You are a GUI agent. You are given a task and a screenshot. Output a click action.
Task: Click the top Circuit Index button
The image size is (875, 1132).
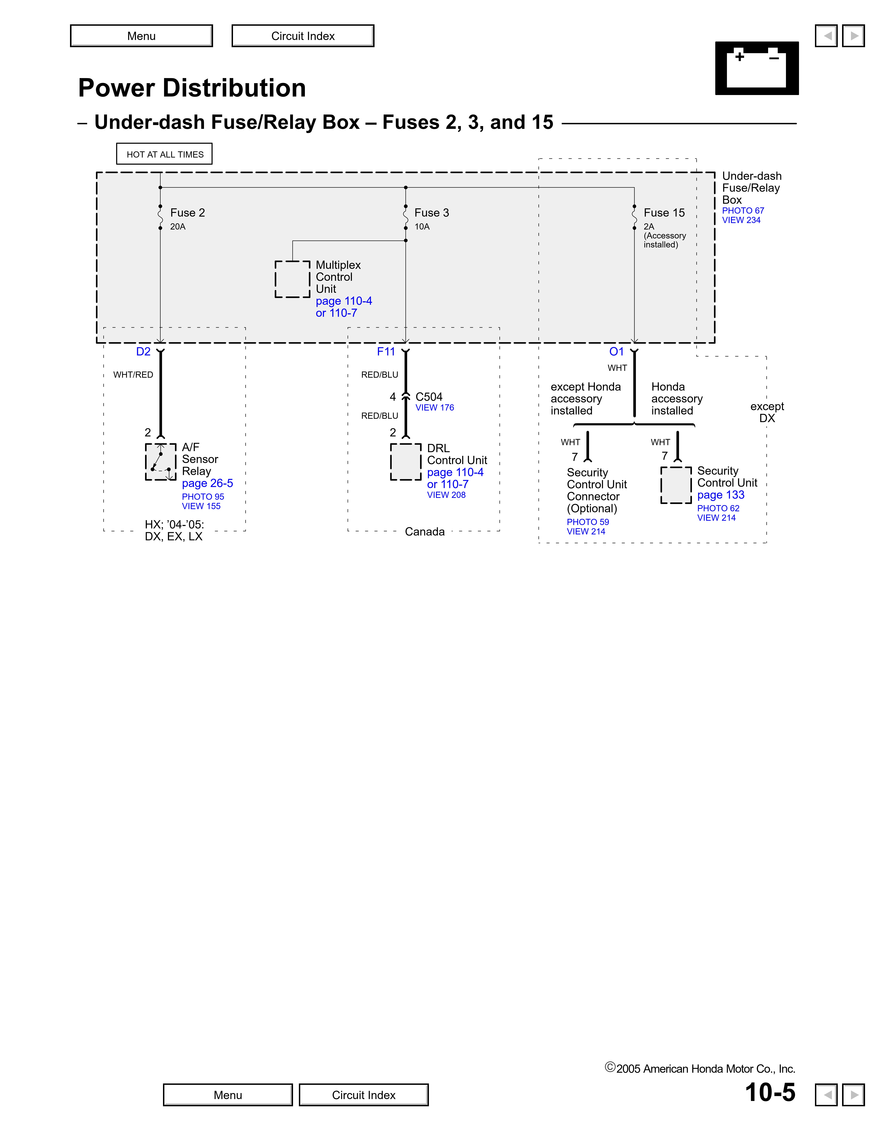[303, 36]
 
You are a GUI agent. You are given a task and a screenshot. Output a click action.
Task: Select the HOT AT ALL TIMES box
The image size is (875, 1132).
[164, 154]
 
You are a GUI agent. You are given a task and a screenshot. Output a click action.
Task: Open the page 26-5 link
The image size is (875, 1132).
[207, 483]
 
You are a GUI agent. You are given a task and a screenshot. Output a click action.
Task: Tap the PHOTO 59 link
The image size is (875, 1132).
[587, 522]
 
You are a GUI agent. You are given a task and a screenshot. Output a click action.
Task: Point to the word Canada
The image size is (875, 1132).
[424, 532]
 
